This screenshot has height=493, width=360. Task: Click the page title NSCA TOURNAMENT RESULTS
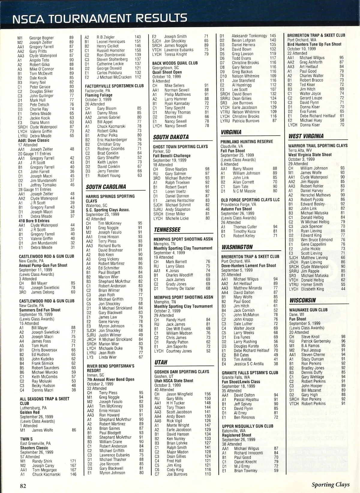(100, 19)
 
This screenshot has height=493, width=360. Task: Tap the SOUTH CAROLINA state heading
(106, 187)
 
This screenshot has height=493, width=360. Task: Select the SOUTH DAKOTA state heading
(171, 137)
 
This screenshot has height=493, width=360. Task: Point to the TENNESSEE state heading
(167, 230)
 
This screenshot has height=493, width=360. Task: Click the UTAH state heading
(160, 362)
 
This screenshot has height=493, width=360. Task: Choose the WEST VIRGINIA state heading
(306, 136)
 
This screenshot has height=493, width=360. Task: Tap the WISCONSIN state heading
(302, 300)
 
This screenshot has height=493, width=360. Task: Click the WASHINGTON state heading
(237, 247)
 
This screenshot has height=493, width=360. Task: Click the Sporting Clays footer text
(330, 484)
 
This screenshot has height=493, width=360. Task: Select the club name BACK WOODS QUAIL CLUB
(175, 63)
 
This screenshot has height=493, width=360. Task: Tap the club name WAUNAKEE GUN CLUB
(308, 310)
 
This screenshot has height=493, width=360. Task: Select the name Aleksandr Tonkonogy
(249, 36)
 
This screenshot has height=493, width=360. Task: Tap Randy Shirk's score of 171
(73, 461)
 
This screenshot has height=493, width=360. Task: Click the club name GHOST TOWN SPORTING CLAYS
(180, 147)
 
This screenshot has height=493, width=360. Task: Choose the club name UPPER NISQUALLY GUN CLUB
(247, 426)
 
